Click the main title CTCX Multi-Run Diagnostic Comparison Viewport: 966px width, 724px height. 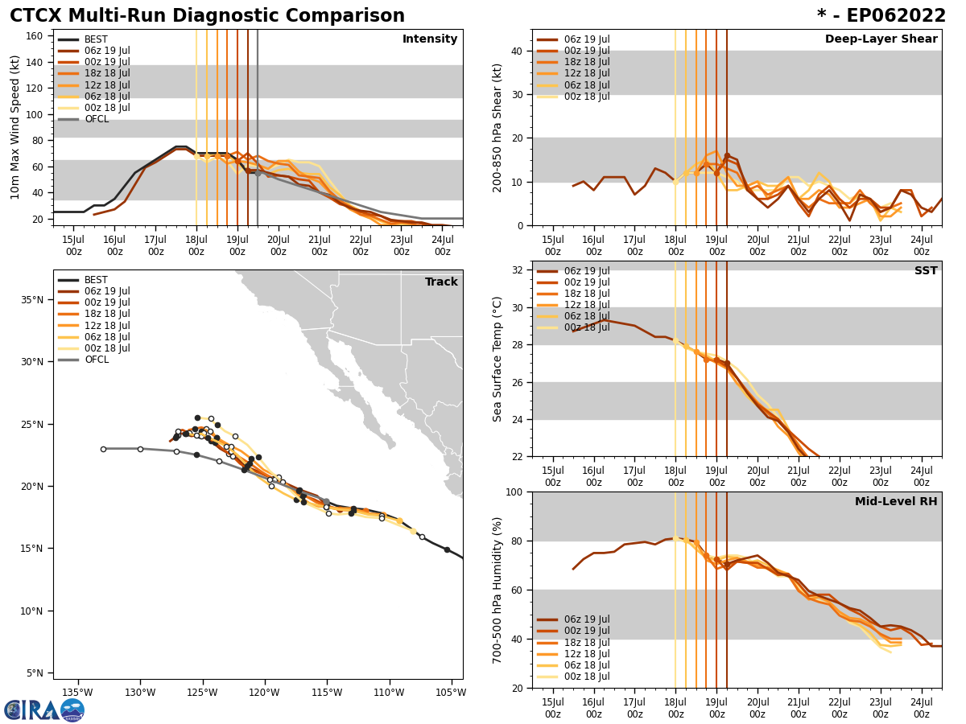tap(207, 16)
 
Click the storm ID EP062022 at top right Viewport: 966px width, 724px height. tap(881, 16)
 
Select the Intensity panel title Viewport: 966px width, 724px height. tap(430, 39)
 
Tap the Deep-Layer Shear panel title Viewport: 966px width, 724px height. tap(881, 39)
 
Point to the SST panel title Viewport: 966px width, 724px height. tap(925, 271)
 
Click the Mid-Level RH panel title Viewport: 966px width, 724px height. tap(896, 502)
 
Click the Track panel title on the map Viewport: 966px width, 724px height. tap(441, 282)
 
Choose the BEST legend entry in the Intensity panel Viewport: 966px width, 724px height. tap(95, 39)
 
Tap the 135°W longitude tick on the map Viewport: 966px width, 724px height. tap(77, 692)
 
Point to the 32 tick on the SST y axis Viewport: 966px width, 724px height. tap(518, 270)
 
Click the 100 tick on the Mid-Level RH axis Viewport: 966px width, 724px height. tap(514, 492)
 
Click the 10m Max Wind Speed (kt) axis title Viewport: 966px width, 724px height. tap(15, 127)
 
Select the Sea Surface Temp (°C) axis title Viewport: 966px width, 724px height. tap(497, 359)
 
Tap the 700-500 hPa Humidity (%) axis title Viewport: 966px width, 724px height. tap(497, 590)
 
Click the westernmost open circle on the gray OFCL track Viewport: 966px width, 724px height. tap(103, 449)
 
